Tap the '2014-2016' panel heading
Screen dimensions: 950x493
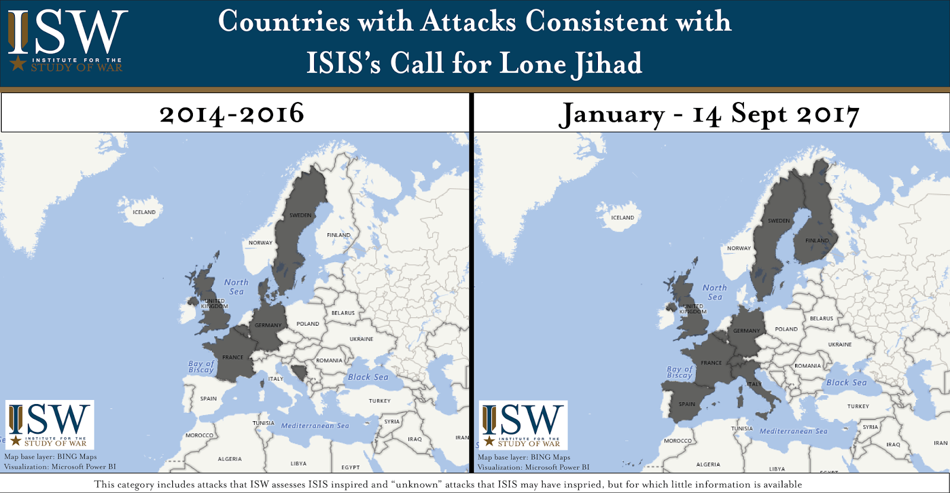click(x=232, y=113)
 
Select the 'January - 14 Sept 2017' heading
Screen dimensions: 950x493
click(x=709, y=114)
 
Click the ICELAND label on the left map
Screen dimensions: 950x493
click(x=144, y=212)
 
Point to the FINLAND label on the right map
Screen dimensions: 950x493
click(x=817, y=240)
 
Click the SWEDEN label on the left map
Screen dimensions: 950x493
click(x=300, y=215)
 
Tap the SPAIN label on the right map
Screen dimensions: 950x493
click(x=687, y=404)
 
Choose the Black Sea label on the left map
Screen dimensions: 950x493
click(x=368, y=377)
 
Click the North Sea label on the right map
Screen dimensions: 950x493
click(x=715, y=292)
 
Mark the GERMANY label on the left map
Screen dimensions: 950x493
click(x=268, y=325)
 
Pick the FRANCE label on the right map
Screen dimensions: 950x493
click(x=711, y=362)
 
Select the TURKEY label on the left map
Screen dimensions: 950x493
click(x=379, y=401)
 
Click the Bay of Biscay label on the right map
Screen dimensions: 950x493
click(x=679, y=372)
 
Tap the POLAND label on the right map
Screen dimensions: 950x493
click(x=786, y=329)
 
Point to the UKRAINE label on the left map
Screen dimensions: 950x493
click(x=362, y=339)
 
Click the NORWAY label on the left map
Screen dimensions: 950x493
click(x=261, y=243)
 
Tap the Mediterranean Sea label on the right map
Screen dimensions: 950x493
click(x=793, y=431)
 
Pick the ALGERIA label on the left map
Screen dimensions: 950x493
click(x=230, y=459)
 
